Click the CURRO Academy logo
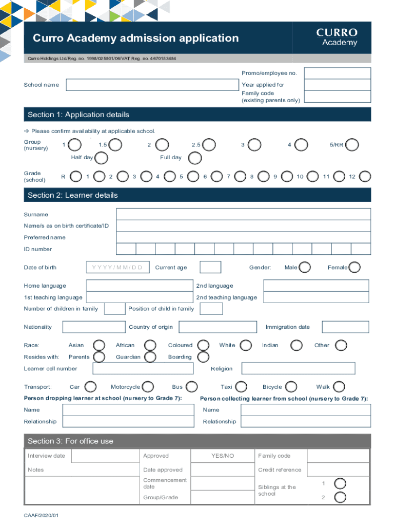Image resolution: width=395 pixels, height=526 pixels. point(337,37)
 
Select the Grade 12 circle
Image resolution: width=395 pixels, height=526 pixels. point(365,177)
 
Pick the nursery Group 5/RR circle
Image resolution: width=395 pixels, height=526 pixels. point(352,145)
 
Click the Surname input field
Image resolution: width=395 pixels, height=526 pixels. point(243,214)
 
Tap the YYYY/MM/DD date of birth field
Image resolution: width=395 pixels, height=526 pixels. point(117,268)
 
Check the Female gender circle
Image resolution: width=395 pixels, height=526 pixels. point(354,267)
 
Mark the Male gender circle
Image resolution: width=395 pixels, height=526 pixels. point(305,267)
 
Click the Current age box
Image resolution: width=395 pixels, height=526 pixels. point(210,268)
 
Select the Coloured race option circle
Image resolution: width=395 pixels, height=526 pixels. point(204,345)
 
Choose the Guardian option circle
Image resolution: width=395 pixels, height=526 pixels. point(150,357)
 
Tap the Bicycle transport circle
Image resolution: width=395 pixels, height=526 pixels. point(291,387)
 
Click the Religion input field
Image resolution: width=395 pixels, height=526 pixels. point(298,368)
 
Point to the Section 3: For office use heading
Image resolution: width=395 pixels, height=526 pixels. point(71,441)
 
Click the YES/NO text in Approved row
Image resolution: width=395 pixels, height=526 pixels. point(223,456)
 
